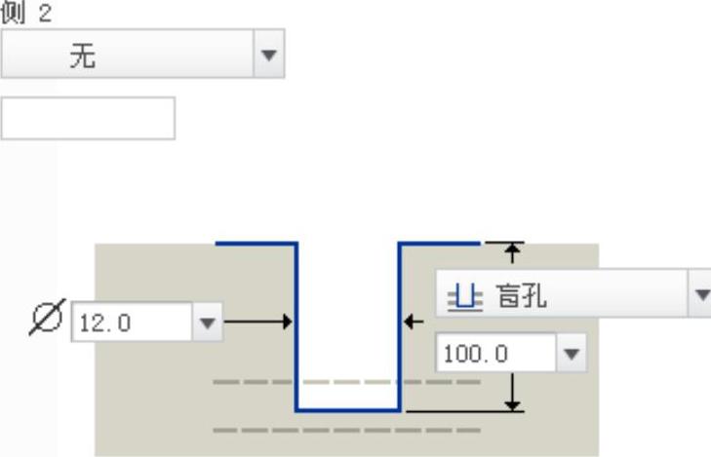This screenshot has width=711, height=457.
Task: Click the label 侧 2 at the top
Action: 26,13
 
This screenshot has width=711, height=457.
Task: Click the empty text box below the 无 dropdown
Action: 88,118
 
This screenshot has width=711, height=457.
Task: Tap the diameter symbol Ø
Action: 47,319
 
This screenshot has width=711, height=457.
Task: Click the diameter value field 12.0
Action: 132,323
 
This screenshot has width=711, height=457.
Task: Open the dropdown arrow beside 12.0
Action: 207,323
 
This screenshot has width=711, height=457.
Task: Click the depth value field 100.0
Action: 495,353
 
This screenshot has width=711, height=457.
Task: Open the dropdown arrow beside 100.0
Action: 572,353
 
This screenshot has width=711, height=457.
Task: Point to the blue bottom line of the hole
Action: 348,410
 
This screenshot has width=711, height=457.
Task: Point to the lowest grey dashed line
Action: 346,430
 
